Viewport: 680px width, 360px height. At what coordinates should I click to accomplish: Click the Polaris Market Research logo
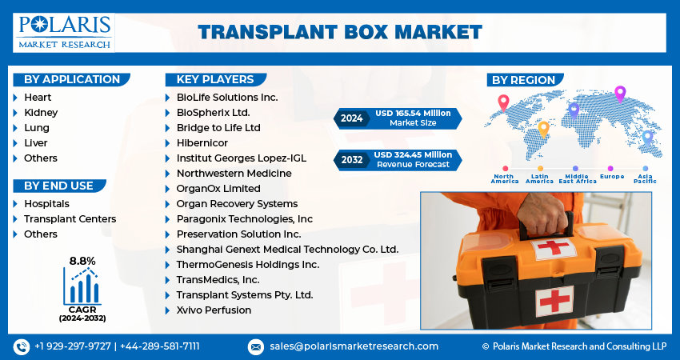64,32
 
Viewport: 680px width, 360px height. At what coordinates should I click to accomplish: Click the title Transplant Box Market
340,32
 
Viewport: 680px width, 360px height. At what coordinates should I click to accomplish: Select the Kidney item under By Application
41,113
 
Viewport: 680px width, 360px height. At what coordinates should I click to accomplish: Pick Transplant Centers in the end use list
70,219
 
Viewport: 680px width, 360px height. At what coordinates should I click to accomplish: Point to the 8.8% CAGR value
82,261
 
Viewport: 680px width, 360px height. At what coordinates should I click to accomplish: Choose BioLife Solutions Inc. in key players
226,97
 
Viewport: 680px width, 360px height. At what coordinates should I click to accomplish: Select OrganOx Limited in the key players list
218,189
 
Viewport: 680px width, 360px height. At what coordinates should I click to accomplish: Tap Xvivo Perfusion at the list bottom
214,310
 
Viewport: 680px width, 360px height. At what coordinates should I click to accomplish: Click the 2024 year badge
352,118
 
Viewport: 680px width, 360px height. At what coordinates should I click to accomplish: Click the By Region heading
523,80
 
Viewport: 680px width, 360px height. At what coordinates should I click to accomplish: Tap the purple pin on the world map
619,93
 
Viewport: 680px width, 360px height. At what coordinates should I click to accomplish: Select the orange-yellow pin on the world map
543,128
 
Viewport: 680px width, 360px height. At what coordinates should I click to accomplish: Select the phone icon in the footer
21,346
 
